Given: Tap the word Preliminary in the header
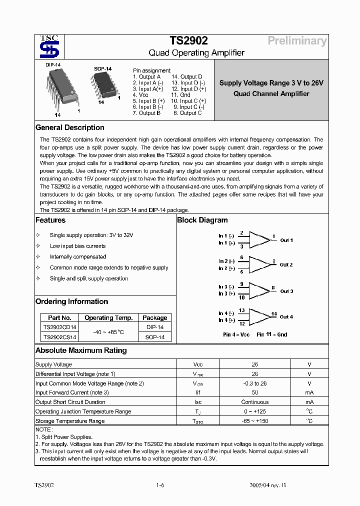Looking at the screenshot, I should pos(297,41).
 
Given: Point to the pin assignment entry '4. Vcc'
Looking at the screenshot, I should pos(140,94).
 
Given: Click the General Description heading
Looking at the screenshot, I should pos(70,127).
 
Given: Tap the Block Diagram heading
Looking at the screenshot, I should pos(202,220).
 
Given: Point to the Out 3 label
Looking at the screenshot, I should pos(286,291).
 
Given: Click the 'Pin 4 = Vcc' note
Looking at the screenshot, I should pos(236,334).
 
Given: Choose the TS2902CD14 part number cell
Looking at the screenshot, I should pos(59,327).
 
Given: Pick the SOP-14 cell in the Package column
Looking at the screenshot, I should pos(154,337).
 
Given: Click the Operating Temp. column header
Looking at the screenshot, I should pos(108,317).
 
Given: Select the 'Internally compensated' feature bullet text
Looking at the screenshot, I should pos(78,256).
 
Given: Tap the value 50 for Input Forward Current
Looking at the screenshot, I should pos(255,392).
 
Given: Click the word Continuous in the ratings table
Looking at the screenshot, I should pos(255,402).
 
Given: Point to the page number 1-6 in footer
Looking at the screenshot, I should pos(160,485).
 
